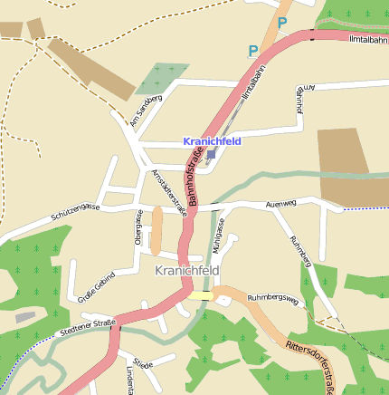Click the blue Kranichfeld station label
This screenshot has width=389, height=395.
click(211, 142)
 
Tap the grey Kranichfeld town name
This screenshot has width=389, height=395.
click(187, 271)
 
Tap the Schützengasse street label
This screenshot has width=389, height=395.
click(75, 212)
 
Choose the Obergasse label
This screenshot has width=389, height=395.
click(138, 227)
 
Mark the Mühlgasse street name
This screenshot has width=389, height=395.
click(217, 235)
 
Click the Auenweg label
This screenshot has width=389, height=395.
click(281, 205)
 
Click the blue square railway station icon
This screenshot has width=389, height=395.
click(211, 155)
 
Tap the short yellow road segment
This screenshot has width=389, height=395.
click(201, 294)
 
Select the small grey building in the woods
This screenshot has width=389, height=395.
click(25, 317)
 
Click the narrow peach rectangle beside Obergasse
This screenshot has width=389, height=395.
click(157, 231)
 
